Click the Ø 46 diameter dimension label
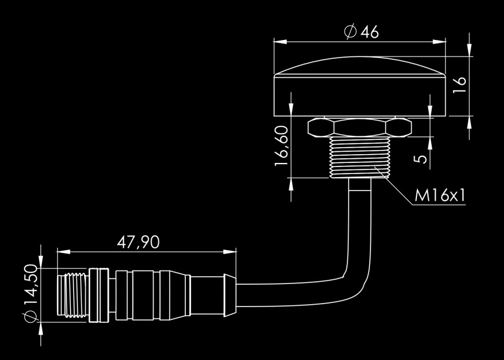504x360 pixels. tap(361, 32)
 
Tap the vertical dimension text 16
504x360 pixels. tap(459, 85)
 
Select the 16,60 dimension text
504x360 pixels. tap(282, 146)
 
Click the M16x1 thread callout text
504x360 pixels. tap(440, 195)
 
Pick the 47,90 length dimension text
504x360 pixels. tap(138, 242)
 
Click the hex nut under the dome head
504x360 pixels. tap(360, 128)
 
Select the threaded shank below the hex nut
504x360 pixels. tap(360, 157)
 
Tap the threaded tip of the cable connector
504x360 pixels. tap(73, 295)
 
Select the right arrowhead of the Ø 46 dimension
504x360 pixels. tap(439, 42)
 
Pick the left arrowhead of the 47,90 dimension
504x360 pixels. tap(64, 252)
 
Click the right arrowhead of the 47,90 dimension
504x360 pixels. tap(230, 252)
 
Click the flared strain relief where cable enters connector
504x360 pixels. tap(230, 295)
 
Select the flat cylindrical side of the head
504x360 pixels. tap(360, 96)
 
